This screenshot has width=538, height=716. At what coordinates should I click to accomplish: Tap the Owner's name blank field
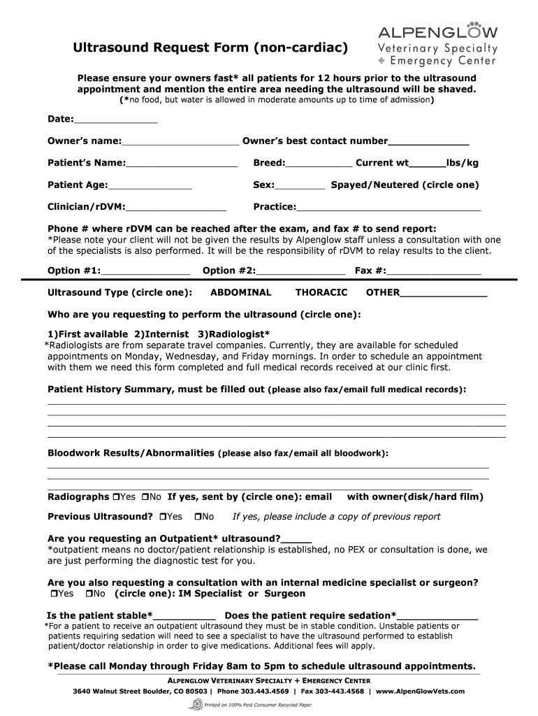coord(180,141)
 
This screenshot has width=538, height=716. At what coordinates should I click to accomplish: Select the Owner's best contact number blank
coord(428,141)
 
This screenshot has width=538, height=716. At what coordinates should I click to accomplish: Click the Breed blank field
coord(319,164)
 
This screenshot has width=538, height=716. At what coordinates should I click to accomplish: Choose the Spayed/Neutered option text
coord(405,185)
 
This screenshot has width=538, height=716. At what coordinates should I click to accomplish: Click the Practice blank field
coord(388,208)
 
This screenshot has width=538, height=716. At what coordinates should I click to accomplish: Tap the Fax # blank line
coord(433,271)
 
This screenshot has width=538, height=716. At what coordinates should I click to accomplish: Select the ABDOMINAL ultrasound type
coord(241,293)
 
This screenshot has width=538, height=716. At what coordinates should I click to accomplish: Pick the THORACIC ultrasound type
coord(321,293)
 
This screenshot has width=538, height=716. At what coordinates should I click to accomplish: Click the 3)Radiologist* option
coord(234,333)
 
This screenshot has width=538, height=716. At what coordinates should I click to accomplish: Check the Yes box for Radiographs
coord(116,497)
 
